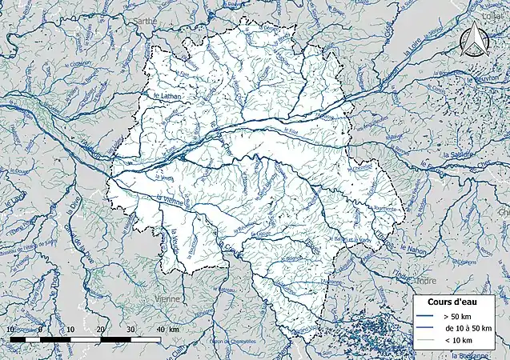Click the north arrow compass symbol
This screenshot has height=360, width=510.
click(473, 38)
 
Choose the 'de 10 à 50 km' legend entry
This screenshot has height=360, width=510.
click(468, 329)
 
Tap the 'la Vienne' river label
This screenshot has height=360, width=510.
click(171, 202)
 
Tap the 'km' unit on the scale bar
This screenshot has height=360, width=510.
click(175, 329)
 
